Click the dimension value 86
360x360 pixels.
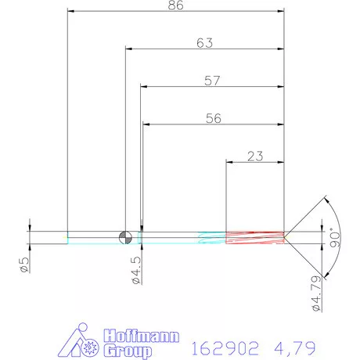click(176, 5)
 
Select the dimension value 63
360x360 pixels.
click(204, 44)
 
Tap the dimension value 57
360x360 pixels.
click(211, 80)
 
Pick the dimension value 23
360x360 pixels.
click(254, 156)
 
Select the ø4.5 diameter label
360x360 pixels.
click(135, 269)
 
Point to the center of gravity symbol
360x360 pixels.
click(125, 237)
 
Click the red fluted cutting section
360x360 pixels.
click(254, 237)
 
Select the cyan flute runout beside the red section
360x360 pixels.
click(211, 237)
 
